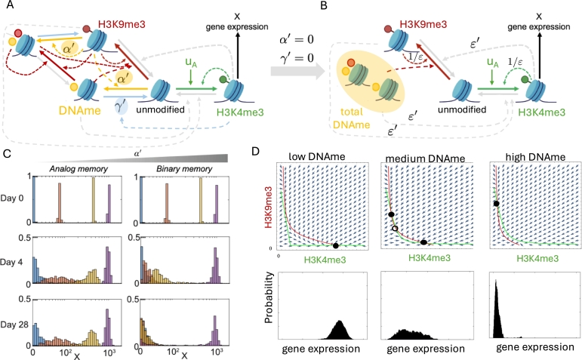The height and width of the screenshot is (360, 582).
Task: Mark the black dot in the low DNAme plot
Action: [335, 245]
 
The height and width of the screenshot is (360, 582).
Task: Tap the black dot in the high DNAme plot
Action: [495, 203]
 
